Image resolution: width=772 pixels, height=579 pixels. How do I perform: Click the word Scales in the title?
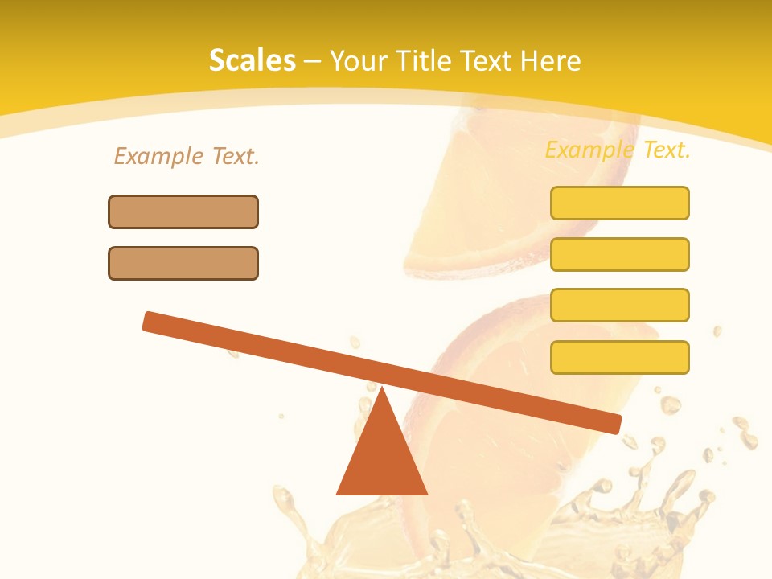click(x=252, y=60)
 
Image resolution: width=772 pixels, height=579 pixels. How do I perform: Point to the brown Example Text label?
click(x=187, y=156)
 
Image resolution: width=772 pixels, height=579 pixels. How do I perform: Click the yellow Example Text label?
click(x=618, y=150)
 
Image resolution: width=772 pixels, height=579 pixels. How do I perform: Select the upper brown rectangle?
click(x=183, y=211)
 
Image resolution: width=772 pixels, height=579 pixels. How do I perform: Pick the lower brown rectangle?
click(x=183, y=263)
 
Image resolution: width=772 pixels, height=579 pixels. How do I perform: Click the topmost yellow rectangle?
click(x=619, y=203)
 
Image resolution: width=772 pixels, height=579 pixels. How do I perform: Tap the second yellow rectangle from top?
click(x=619, y=254)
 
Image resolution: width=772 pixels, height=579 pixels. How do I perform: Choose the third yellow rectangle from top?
click(x=619, y=306)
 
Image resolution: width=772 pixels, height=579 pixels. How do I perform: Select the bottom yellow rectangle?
click(x=619, y=357)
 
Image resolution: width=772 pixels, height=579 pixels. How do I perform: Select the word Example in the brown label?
click(x=158, y=156)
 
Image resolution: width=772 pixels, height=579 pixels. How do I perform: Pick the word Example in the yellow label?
click(x=589, y=150)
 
